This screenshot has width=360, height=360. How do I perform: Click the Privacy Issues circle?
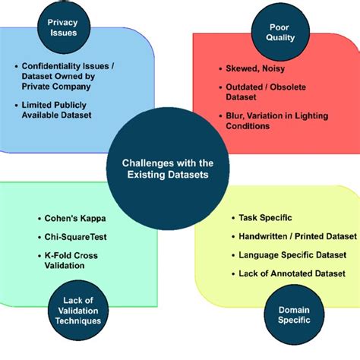pos(62,29)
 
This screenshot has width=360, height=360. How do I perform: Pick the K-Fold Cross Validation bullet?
pos(69,261)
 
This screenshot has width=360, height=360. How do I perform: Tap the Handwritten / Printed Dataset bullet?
pos(292,236)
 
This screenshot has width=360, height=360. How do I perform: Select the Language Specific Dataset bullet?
pos(292,254)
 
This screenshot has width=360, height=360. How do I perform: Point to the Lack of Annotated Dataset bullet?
pos(292,273)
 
